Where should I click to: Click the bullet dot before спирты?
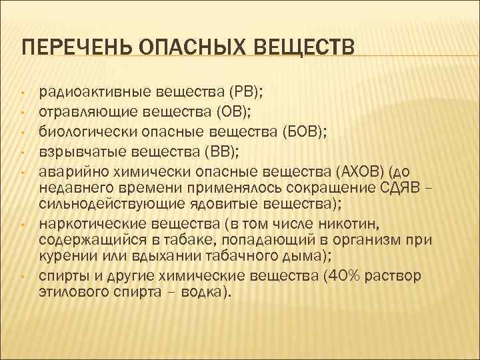[x=22, y=275]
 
